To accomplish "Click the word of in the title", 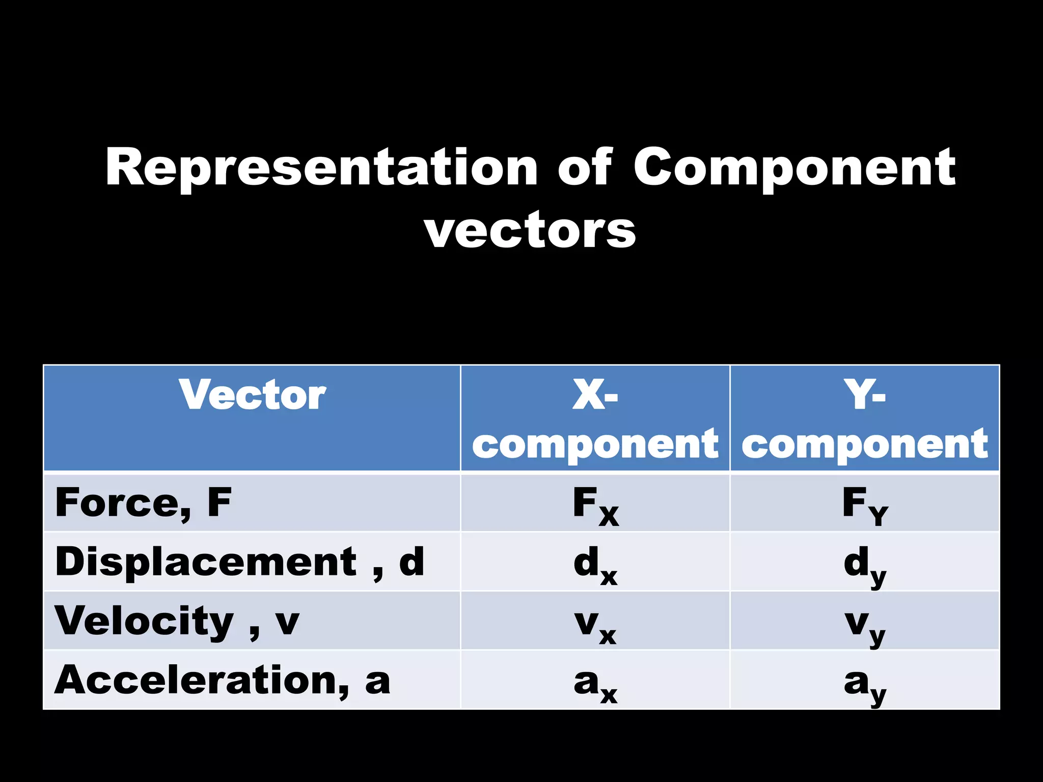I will [585, 166].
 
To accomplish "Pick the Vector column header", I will [252, 395].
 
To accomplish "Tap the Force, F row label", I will [143, 502].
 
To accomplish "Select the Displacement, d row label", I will [239, 562].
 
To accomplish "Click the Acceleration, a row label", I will [222, 680].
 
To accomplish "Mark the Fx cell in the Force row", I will [595, 506].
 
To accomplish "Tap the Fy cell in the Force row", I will [865, 506].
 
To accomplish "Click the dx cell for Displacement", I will [595, 565].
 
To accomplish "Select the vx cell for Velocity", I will [595, 625].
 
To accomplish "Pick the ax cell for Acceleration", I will [595, 684].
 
